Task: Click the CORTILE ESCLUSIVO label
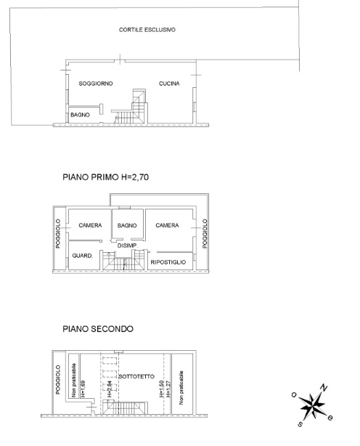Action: [147, 30]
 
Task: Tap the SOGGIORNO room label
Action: [96, 84]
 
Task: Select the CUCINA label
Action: [169, 84]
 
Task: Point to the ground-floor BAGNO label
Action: [80, 115]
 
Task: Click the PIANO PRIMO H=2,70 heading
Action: [106, 177]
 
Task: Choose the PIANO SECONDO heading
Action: [98, 329]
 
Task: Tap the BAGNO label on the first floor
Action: [127, 225]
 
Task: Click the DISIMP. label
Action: [128, 246]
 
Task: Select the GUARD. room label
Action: [83, 256]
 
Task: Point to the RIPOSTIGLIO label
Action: [168, 262]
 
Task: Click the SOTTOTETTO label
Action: [136, 376]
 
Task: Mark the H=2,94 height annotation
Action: [110, 389]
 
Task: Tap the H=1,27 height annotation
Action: [168, 389]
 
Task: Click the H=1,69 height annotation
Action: [83, 389]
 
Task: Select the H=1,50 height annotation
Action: [162, 389]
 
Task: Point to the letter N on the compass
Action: [324, 387]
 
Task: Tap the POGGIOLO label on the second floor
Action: [58, 380]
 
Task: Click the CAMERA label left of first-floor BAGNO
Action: [90, 225]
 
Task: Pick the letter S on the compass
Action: [300, 424]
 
